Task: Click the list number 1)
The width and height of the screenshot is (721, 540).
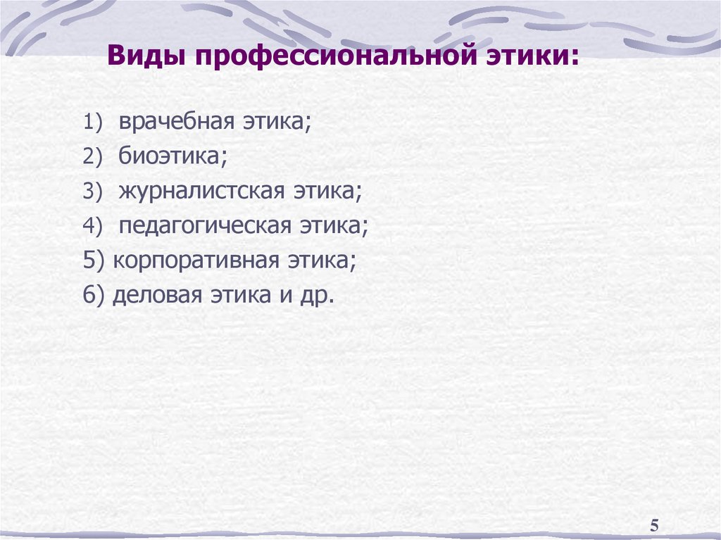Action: tap(94, 123)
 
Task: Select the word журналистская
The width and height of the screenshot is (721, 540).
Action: tap(201, 191)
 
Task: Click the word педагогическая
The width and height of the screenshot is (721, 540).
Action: tap(205, 226)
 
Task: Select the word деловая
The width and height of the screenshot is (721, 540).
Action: tap(154, 295)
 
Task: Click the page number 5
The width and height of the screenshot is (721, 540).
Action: tap(654, 525)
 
